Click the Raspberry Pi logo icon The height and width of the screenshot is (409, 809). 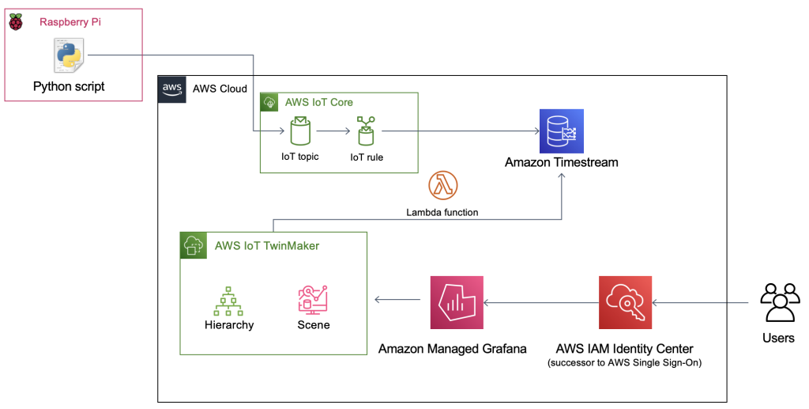(x=16, y=22)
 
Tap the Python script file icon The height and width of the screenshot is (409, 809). (x=69, y=55)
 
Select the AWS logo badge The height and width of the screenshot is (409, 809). (x=171, y=89)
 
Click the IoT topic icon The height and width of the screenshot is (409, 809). (x=299, y=131)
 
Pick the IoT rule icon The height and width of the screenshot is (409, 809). (x=366, y=131)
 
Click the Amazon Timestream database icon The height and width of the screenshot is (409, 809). (x=562, y=131)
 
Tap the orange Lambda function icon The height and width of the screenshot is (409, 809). (x=442, y=185)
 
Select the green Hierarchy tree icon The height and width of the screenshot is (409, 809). (x=228, y=301)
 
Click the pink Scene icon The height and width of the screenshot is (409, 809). (x=313, y=300)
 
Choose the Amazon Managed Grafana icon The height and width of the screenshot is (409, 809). (x=457, y=302)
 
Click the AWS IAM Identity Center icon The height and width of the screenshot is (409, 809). (x=626, y=302)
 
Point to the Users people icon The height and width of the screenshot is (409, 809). (x=780, y=302)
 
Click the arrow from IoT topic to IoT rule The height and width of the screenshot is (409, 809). (x=333, y=131)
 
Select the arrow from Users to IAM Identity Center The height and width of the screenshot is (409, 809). (x=700, y=303)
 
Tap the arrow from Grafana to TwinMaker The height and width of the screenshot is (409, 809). (x=397, y=299)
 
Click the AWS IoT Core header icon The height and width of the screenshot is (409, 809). (x=269, y=102)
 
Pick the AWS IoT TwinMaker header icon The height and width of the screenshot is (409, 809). (x=194, y=245)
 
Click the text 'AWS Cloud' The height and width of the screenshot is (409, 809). (x=220, y=89)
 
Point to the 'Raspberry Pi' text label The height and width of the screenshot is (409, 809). (x=70, y=22)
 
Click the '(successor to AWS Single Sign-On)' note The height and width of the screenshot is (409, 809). (x=625, y=362)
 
